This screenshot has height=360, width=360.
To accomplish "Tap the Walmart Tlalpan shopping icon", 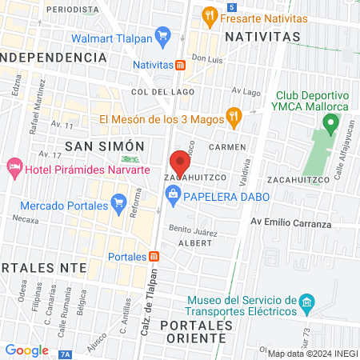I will (163, 35).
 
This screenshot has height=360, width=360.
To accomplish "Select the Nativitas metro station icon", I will (182, 65).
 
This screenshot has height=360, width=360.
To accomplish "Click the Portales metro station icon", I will (154, 257).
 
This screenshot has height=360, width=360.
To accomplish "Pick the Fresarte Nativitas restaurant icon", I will (209, 14).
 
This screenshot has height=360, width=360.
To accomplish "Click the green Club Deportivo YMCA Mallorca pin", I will (330, 124).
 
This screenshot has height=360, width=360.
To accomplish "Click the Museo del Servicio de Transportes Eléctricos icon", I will (306, 304).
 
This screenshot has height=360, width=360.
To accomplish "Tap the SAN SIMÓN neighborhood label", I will (104, 146).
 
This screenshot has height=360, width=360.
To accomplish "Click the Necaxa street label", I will (26, 219).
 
